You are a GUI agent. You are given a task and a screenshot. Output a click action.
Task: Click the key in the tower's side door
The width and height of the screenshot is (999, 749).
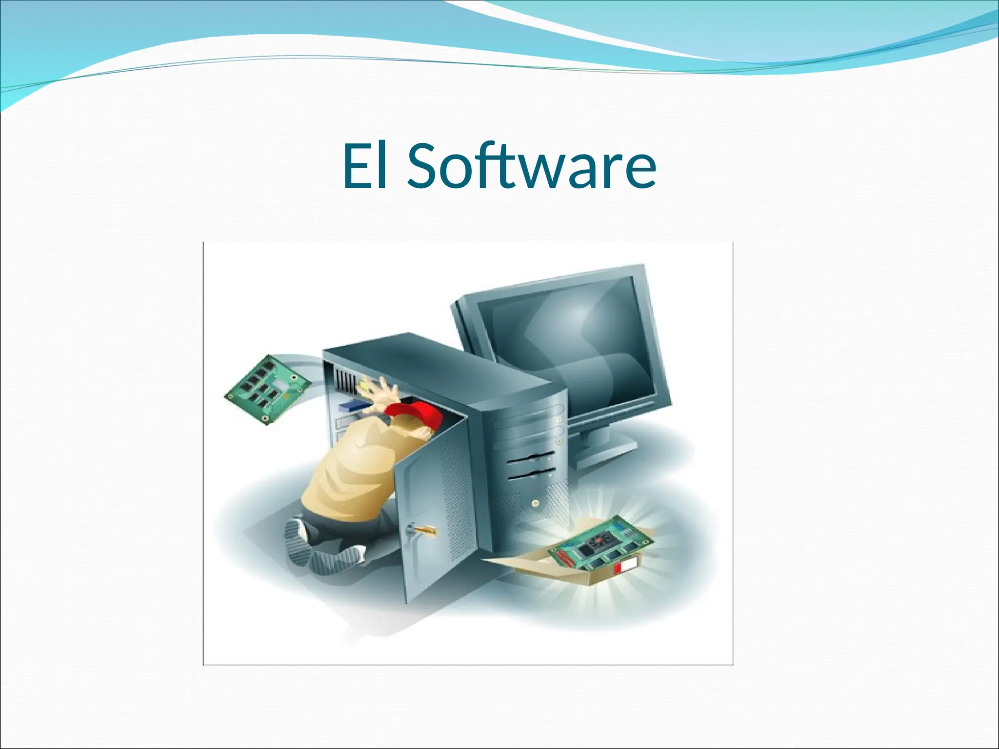[422, 529]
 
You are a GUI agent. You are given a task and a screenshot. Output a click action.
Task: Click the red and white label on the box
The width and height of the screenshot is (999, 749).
[626, 567]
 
